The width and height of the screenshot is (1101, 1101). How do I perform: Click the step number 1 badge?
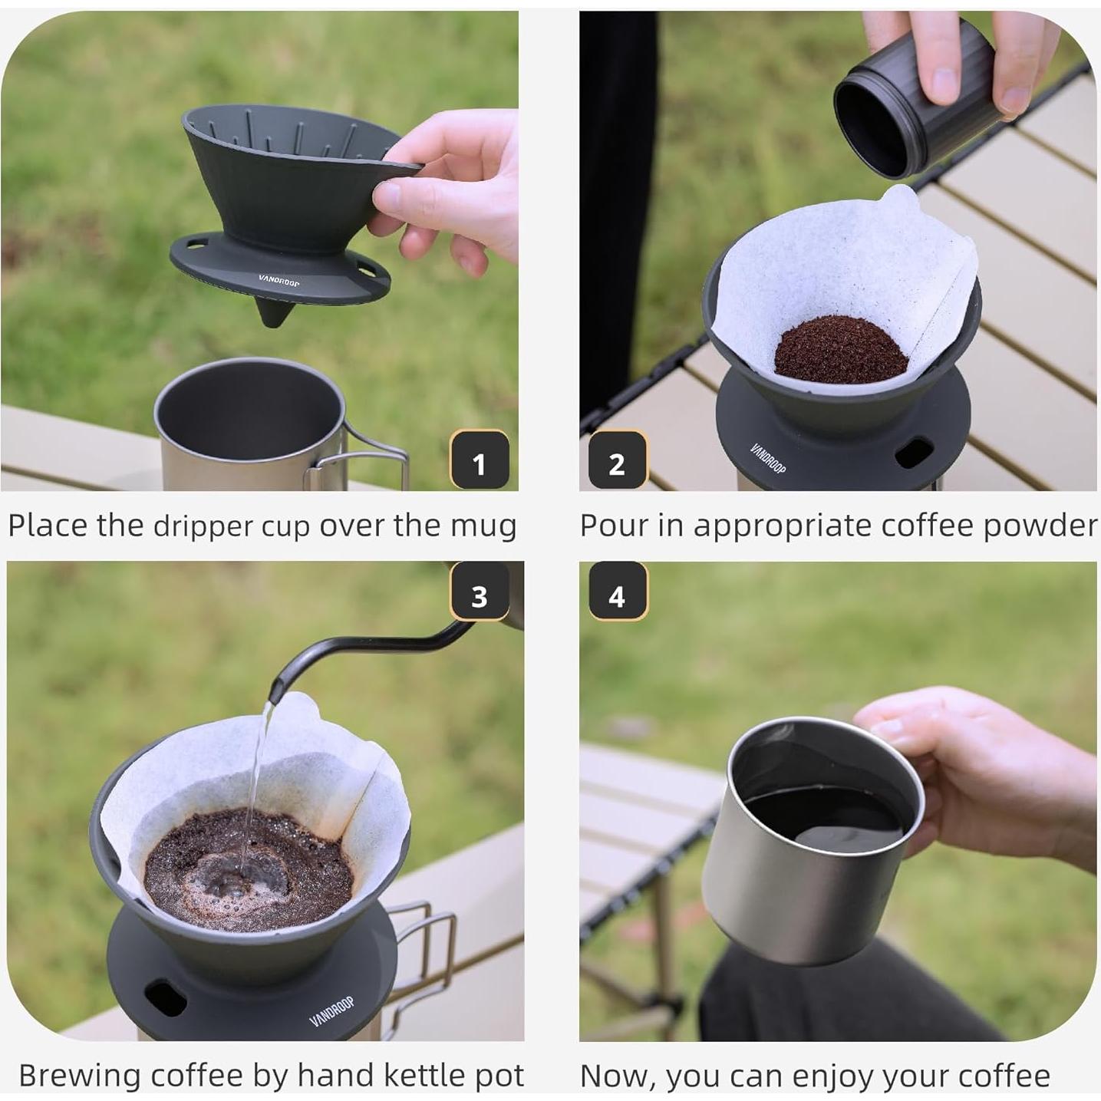click(x=480, y=461)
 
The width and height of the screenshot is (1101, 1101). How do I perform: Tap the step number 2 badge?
click(x=617, y=461)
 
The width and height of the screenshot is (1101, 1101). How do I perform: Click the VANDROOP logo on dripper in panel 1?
click(x=279, y=281)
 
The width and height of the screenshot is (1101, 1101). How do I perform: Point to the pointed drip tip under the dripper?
click(x=272, y=316)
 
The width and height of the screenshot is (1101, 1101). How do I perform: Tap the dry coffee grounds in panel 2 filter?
click(x=841, y=350)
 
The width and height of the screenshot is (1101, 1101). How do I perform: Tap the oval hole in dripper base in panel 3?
click(x=165, y=997)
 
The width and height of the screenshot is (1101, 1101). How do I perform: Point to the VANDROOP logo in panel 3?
click(x=332, y=1012)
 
